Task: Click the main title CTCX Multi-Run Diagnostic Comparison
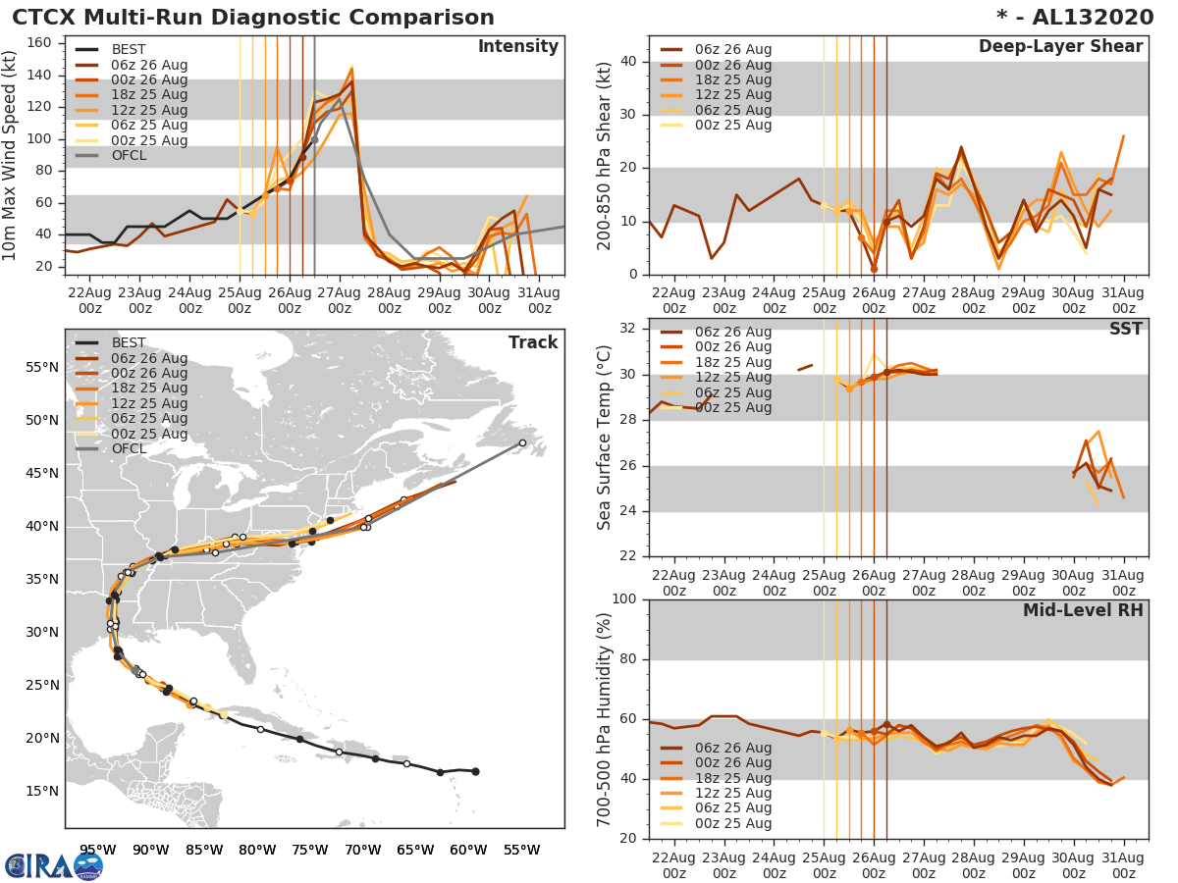pos(253,18)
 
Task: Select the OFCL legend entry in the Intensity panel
pos(129,155)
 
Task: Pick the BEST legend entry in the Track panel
pos(129,342)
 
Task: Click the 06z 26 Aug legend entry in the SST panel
pos(732,332)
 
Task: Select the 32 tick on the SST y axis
pos(628,328)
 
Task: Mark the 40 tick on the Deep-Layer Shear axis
pos(628,62)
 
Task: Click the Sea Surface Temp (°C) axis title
pos(604,437)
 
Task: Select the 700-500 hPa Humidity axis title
pos(604,719)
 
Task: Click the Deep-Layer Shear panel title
pos(1060,47)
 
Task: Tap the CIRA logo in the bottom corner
pos(53,865)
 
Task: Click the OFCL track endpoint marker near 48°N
pos(522,442)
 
